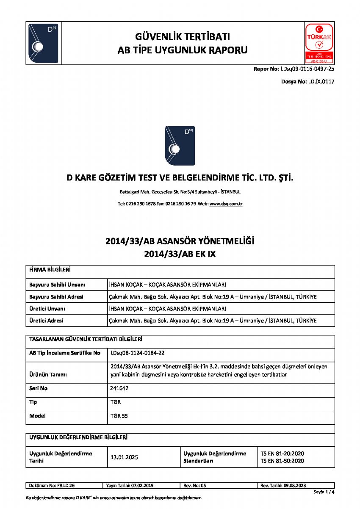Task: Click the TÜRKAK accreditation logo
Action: [x=319, y=43]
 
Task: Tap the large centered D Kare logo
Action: [x=180, y=145]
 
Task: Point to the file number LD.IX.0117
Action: [x=320, y=81]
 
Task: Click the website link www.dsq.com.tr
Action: [x=226, y=204]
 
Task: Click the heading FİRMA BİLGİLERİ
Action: [x=50, y=269]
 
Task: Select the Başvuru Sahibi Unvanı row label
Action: [x=57, y=285]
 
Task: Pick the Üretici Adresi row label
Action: [x=46, y=321]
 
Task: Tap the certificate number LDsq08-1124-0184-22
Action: [x=138, y=352]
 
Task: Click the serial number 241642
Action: [x=119, y=388]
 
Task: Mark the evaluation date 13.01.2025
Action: [x=124, y=457]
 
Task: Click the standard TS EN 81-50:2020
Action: [x=282, y=461]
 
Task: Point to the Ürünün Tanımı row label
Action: [x=48, y=375]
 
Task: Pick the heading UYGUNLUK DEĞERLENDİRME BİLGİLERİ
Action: [x=78, y=437]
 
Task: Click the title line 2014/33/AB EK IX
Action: [x=180, y=254]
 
